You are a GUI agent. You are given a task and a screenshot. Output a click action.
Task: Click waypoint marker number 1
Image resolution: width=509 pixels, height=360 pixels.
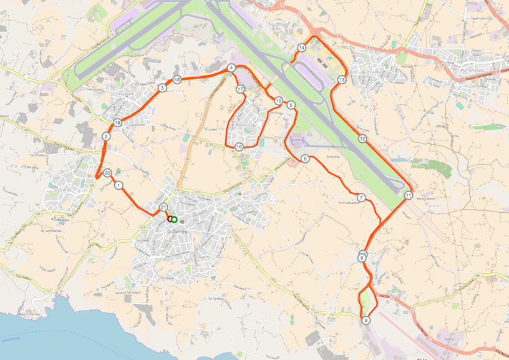(x=118, y=185)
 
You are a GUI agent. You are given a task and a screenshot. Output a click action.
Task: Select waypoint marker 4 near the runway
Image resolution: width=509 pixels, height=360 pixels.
(x=231, y=67)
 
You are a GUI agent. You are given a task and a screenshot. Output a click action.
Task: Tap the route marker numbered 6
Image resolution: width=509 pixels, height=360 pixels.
(x=305, y=158)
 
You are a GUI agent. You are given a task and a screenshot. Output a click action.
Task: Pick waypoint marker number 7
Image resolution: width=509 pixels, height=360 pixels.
(x=361, y=198)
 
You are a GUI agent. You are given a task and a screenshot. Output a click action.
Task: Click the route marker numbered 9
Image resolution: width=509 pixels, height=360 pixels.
(x=366, y=321)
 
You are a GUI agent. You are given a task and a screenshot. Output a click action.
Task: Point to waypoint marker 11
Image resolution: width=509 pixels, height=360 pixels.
(x=408, y=195)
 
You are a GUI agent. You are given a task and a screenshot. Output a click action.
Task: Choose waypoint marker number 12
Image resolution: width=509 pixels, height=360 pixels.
(x=362, y=139)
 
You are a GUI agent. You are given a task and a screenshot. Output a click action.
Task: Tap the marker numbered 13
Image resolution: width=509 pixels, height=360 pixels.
(x=341, y=80)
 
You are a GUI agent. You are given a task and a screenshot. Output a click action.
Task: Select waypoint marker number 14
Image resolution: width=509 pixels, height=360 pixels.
(x=302, y=47)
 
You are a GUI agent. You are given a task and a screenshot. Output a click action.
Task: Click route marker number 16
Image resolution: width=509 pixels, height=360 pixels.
(x=239, y=147)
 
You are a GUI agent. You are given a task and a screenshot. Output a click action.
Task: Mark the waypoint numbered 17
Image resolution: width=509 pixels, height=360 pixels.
(x=240, y=89)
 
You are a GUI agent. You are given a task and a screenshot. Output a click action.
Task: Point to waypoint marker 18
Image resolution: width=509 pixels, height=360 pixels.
(x=177, y=80)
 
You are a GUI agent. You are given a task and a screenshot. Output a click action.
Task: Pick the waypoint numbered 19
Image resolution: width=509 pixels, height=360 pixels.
(x=117, y=123)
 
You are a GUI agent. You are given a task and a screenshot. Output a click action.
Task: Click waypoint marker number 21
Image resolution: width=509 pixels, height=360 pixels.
(x=163, y=207)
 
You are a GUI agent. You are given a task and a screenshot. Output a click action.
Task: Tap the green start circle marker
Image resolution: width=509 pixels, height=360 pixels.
(x=174, y=219)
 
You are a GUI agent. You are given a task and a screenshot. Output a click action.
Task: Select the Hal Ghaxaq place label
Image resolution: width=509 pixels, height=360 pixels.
(x=472, y=70)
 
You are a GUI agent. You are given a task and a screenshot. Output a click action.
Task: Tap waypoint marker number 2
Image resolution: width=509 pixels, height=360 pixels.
(x=107, y=137)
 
